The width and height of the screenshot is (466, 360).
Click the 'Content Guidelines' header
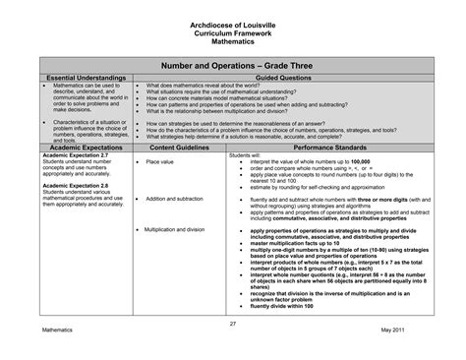click(178, 147)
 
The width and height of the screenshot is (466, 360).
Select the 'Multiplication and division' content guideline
click(180, 229)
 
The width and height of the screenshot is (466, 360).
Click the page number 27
click(233, 324)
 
